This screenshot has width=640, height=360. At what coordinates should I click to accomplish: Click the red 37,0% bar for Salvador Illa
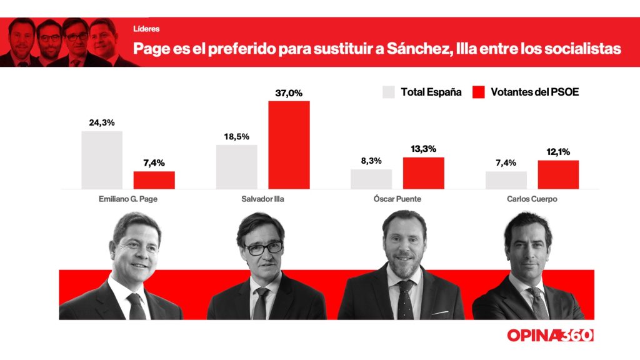tap(289, 144)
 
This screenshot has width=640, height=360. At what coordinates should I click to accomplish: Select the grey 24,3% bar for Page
tap(102, 159)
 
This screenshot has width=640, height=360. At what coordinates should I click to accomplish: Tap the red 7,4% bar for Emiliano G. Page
tap(154, 180)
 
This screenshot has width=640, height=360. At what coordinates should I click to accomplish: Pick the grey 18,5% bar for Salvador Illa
tap(236, 166)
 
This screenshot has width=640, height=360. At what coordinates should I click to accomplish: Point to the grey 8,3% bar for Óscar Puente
tap(371, 179)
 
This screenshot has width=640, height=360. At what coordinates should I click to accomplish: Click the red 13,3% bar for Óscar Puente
tap(423, 172)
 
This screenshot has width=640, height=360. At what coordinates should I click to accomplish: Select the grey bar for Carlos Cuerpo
tap(506, 180)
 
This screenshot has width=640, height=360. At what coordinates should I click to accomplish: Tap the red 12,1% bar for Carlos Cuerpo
tap(558, 174)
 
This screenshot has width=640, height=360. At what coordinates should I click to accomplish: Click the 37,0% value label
tap(289, 93)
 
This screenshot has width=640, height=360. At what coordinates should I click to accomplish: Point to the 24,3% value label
tap(102, 123)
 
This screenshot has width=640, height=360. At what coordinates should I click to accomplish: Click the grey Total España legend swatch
tap(388, 92)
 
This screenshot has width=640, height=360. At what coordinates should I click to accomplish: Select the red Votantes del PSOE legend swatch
tap(478, 92)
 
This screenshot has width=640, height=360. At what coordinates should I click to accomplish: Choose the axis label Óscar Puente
tap(397, 200)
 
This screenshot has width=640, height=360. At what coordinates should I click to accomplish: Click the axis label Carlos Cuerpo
tap(532, 200)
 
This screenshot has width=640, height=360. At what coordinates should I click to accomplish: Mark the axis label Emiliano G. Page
tap(128, 200)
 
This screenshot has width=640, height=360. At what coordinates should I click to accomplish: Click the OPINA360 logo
tap(550, 336)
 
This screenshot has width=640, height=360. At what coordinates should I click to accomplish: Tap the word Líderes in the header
tap(146, 29)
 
